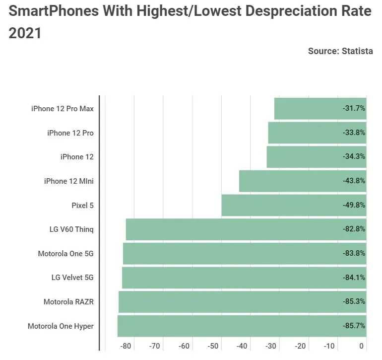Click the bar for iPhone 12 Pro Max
tap(308, 109)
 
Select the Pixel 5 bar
tap(283, 205)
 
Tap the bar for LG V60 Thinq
tap(233, 229)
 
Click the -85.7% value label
tap(354, 326)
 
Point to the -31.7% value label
tap(354, 109)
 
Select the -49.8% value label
tap(354, 205)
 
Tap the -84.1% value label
tap(354, 278)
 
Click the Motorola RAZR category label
tap(68, 302)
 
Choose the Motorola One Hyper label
tap(61, 326)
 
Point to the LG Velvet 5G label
tap(72, 278)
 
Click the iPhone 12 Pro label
tap(70, 133)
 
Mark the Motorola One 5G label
tap(65, 254)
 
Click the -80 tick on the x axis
tap(126, 346)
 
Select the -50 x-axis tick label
tap(213, 346)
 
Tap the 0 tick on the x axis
tap(362, 346)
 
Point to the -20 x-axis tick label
tap(301, 346)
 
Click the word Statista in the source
tap(357, 51)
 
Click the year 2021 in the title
tap(25, 33)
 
